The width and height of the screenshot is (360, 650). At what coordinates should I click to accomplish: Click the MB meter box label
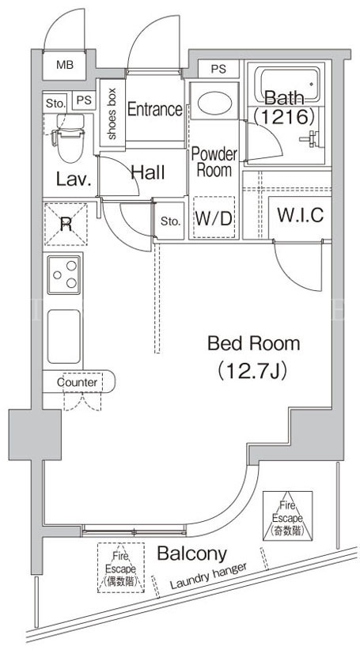[64, 65]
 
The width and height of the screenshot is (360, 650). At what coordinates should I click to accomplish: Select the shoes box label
[112, 113]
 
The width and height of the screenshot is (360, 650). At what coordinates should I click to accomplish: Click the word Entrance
[154, 109]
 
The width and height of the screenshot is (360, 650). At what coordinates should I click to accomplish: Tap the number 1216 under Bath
[284, 117]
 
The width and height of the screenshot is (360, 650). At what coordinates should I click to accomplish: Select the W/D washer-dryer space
[214, 217]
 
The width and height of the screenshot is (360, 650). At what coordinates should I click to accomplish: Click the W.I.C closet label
[300, 215]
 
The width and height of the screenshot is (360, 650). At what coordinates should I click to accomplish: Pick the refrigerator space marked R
[66, 225]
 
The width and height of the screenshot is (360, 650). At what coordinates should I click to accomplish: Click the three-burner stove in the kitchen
[64, 275]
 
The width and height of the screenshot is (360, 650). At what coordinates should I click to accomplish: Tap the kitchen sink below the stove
[64, 337]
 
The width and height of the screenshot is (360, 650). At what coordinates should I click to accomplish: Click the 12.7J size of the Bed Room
[252, 370]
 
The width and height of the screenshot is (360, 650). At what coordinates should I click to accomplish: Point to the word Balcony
[192, 553]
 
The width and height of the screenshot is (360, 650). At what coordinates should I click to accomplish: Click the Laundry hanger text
[209, 576]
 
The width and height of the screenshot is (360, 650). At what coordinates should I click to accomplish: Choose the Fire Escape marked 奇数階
[287, 516]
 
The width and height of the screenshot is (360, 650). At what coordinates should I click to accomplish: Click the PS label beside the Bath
[218, 69]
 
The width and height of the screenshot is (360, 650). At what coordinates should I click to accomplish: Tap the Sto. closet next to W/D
[170, 221]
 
